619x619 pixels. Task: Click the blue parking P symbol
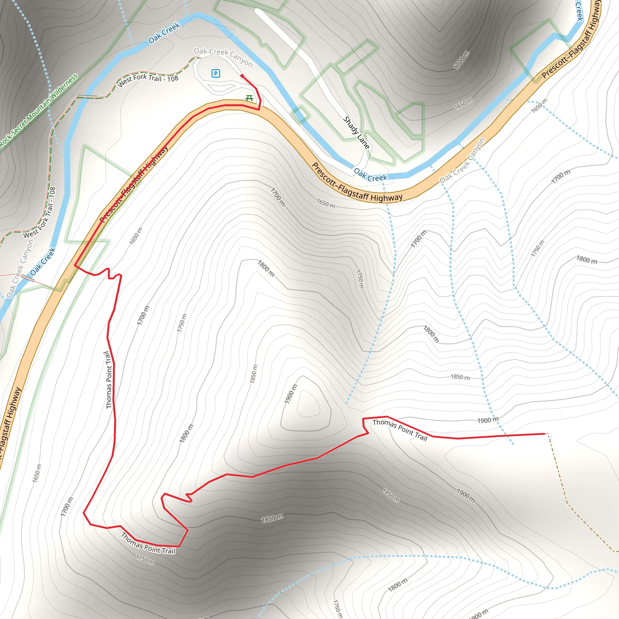(216, 74)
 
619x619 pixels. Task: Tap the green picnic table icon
(249, 98)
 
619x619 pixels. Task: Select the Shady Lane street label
(356, 132)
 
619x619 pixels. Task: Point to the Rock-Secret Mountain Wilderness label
(38, 111)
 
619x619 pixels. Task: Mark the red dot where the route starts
(242, 76)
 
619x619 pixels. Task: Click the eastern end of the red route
(544, 434)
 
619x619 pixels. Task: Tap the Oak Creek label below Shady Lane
(370, 175)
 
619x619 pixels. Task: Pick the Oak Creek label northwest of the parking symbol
(164, 33)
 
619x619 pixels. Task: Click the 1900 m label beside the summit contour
(291, 394)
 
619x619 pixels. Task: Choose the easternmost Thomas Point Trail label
(400, 430)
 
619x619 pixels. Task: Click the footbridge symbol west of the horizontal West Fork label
(87, 96)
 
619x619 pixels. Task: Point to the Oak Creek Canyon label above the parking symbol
(223, 57)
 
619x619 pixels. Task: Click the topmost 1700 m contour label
(461, 60)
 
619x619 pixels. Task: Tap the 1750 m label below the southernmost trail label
(145, 560)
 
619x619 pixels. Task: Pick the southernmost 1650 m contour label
(37, 473)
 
